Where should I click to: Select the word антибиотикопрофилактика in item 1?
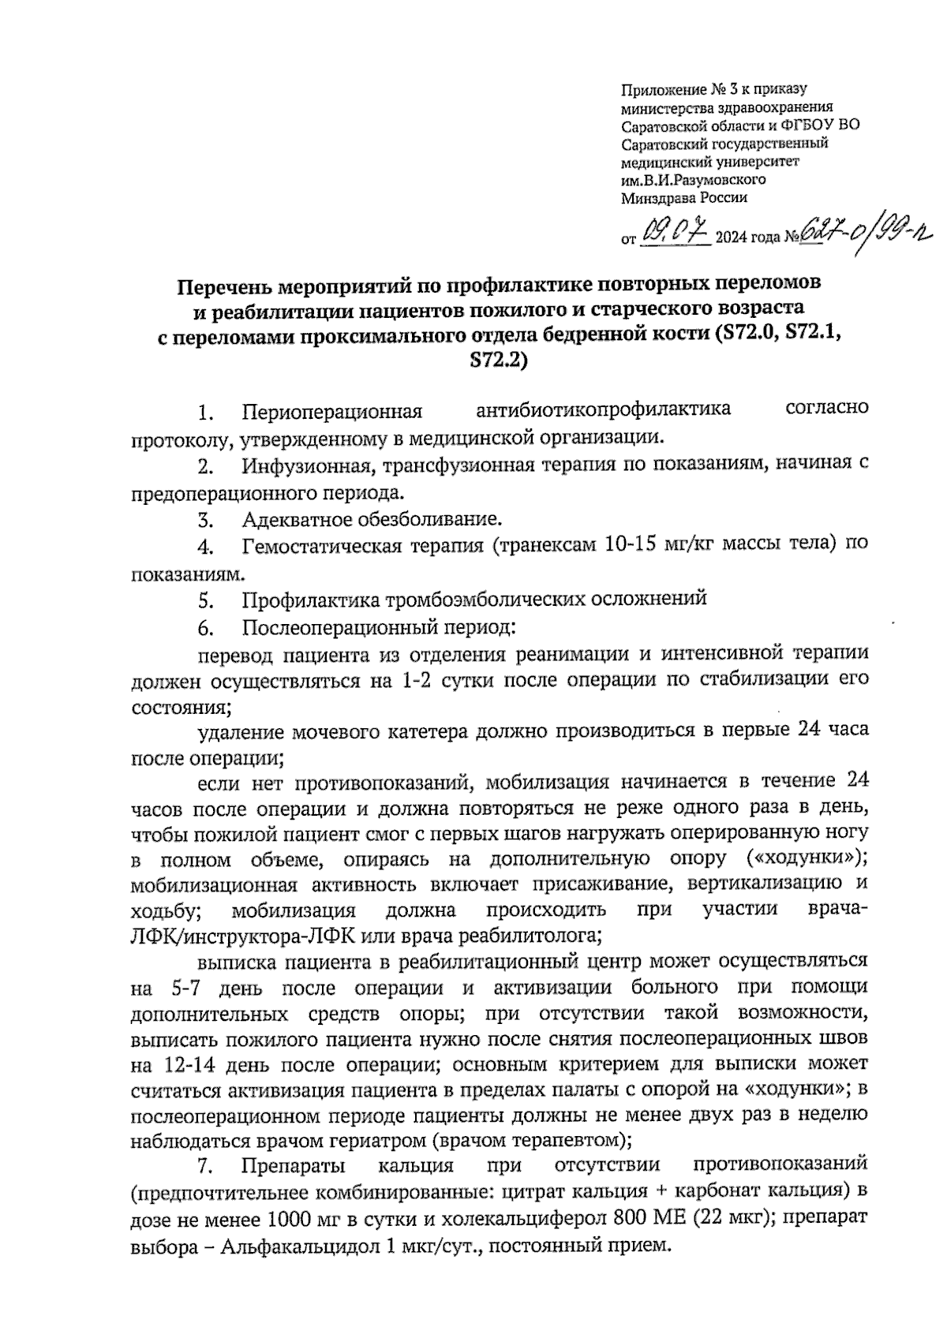click(x=604, y=410)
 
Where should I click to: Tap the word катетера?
click(x=429, y=731)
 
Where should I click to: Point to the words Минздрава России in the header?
click(x=683, y=198)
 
